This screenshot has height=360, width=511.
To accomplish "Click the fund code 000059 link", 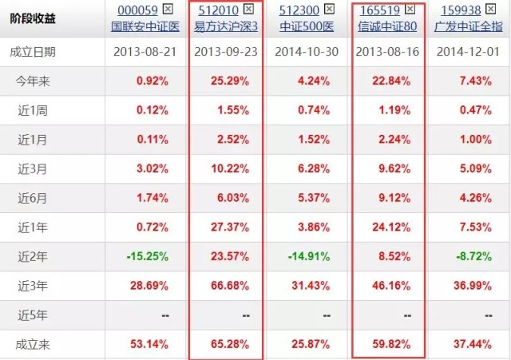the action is pos(137,10).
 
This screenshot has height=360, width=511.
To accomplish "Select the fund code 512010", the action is pos(218,10).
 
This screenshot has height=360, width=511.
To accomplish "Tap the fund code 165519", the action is pos(380,10).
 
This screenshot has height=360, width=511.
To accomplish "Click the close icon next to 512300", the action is pos(329,9).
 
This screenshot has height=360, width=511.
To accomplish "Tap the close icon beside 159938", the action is pos(490,9).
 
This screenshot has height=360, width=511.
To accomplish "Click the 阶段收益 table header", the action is pos(33,18).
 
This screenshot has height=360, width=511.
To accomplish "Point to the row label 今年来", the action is pos(33,81).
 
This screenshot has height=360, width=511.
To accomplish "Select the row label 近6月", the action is pos(32,198).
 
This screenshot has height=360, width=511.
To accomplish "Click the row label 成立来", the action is pos(33,344).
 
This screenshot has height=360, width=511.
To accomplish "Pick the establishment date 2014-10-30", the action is pos(307,52).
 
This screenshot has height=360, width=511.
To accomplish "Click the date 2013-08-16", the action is pos(387,52).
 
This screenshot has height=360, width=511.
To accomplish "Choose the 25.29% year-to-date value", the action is pos(230,81).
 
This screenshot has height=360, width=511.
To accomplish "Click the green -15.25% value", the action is pos(148,256).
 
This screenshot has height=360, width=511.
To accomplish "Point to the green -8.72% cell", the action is pos(473,256).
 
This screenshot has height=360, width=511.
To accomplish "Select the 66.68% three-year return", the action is pos(230,286).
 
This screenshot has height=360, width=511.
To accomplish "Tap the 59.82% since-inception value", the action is pos(391,344).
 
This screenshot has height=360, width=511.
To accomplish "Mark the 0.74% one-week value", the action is pos(314,110).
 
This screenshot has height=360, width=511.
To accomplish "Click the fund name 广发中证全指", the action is pos(469,26).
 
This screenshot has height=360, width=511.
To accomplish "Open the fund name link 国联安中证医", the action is pos(145,26).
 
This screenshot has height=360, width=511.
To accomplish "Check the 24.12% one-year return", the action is pos(391,227).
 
